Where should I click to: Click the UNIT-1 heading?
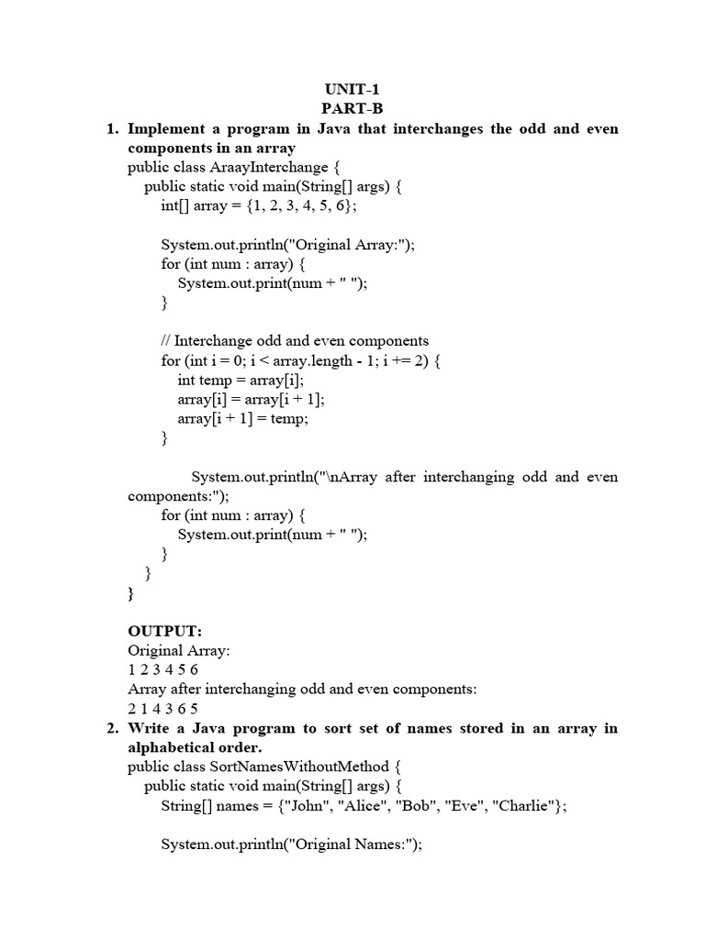click(x=352, y=90)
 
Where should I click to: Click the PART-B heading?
click(x=352, y=109)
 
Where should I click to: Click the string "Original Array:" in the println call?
click(x=349, y=244)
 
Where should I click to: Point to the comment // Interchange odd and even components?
click(x=295, y=341)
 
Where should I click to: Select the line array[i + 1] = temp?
click(x=243, y=418)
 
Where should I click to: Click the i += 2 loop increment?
click(x=404, y=360)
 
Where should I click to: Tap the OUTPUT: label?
click(x=164, y=631)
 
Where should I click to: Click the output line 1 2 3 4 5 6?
click(x=162, y=669)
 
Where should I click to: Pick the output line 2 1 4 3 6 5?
click(x=162, y=708)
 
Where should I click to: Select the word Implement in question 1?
click(x=170, y=128)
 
